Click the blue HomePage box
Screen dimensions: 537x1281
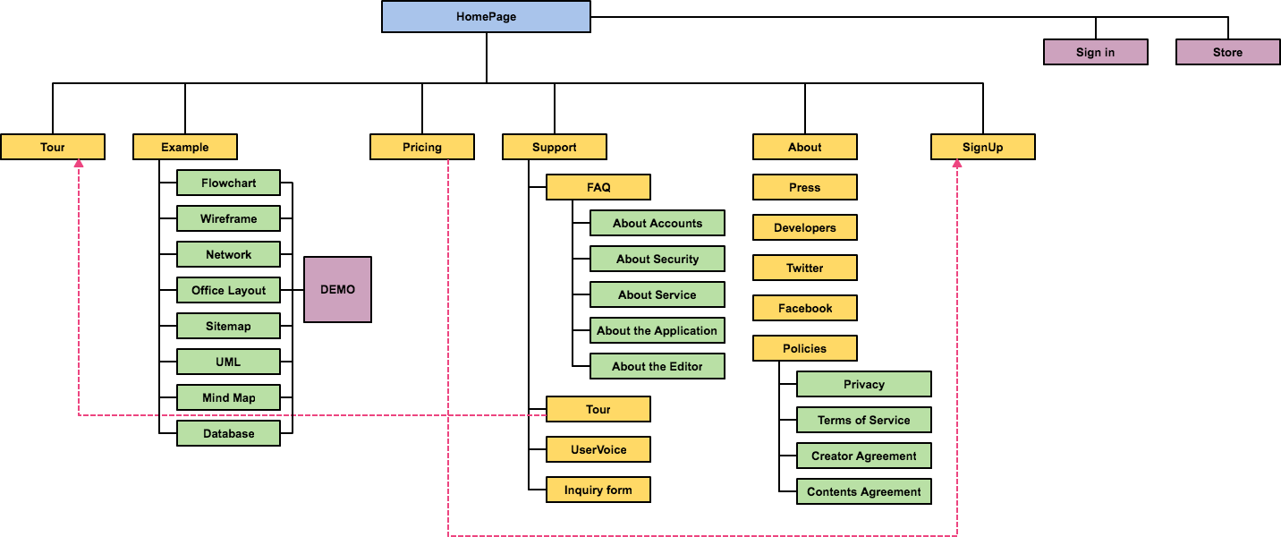[486, 16]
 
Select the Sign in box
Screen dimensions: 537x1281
[1095, 52]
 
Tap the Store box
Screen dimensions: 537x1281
[1227, 52]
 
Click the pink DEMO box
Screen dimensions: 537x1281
[337, 289]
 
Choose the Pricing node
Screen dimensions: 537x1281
[421, 147]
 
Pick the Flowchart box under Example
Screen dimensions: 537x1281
[228, 183]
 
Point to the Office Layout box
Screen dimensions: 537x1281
[228, 290]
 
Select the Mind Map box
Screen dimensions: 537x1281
[228, 397]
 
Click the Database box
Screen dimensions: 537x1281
[228, 433]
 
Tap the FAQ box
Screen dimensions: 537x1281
[598, 187]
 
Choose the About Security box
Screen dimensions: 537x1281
[657, 259]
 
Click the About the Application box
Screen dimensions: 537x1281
[657, 330]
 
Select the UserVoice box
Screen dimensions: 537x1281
[598, 449]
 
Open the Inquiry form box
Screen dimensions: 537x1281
[598, 490]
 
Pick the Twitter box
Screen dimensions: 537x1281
[804, 268]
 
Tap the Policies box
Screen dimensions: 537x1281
[804, 348]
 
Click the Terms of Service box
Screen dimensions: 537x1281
[863, 420]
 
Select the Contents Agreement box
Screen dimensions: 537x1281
[863, 491]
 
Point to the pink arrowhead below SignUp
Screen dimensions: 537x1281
[957, 165]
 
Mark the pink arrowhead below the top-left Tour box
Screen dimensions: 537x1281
[79, 165]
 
